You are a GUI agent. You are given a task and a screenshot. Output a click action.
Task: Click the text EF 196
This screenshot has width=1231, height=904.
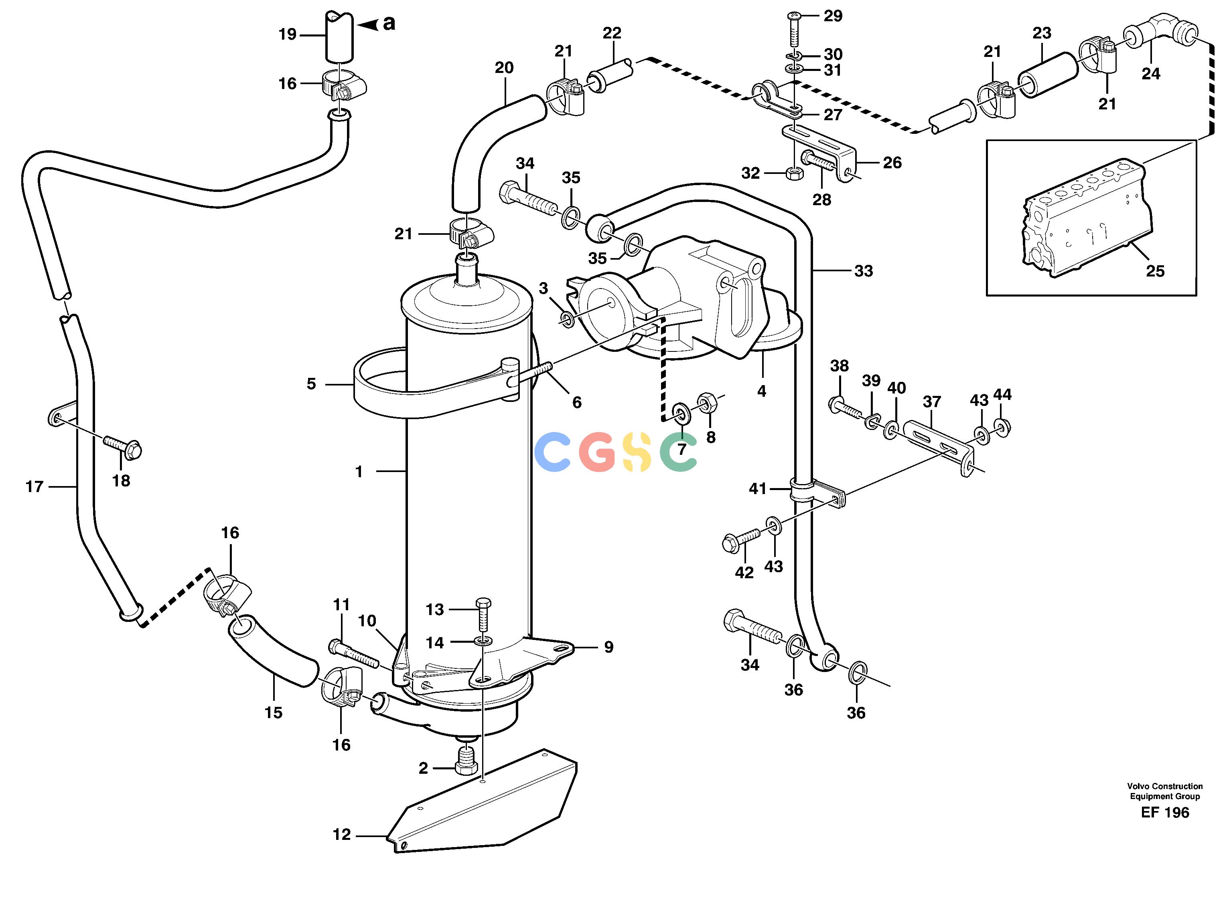click(x=1165, y=812)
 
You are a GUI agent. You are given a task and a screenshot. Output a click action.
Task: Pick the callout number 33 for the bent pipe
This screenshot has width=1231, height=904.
click(x=864, y=271)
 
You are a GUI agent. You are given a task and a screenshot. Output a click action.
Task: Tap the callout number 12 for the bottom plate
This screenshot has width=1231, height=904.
click(x=342, y=835)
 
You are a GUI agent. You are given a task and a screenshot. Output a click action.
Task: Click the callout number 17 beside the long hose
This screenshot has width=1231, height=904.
click(x=34, y=486)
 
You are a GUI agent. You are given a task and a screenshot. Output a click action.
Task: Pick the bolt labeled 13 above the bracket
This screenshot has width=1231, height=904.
click(x=483, y=615)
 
